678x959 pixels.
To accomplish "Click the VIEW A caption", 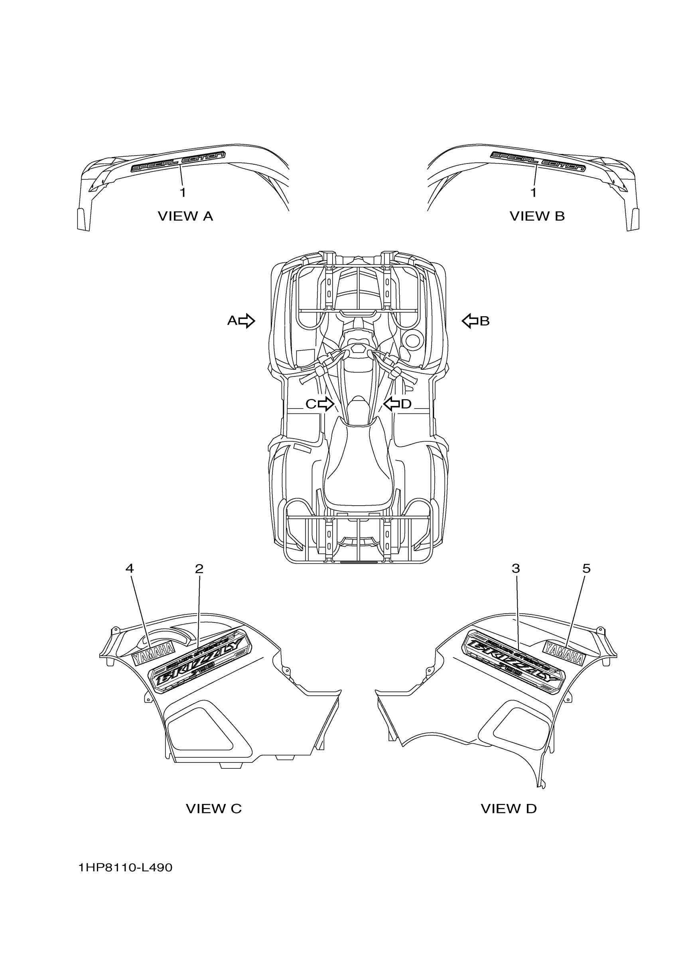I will [185, 216].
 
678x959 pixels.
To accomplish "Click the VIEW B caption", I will [537, 216].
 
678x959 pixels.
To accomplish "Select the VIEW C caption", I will [213, 808].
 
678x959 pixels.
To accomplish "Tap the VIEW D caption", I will [508, 808].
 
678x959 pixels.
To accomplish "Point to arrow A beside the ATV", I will [246, 321].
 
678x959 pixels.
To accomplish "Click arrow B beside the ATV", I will [470, 321].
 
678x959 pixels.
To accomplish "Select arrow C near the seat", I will [325, 404].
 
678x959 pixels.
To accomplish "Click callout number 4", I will [130, 568].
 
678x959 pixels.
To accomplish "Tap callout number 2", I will [199, 568].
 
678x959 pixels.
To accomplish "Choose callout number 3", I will [516, 568].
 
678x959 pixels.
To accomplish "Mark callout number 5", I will [587, 568].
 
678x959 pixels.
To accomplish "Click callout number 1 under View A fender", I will [183, 193].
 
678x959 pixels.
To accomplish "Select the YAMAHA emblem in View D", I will [564, 654].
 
